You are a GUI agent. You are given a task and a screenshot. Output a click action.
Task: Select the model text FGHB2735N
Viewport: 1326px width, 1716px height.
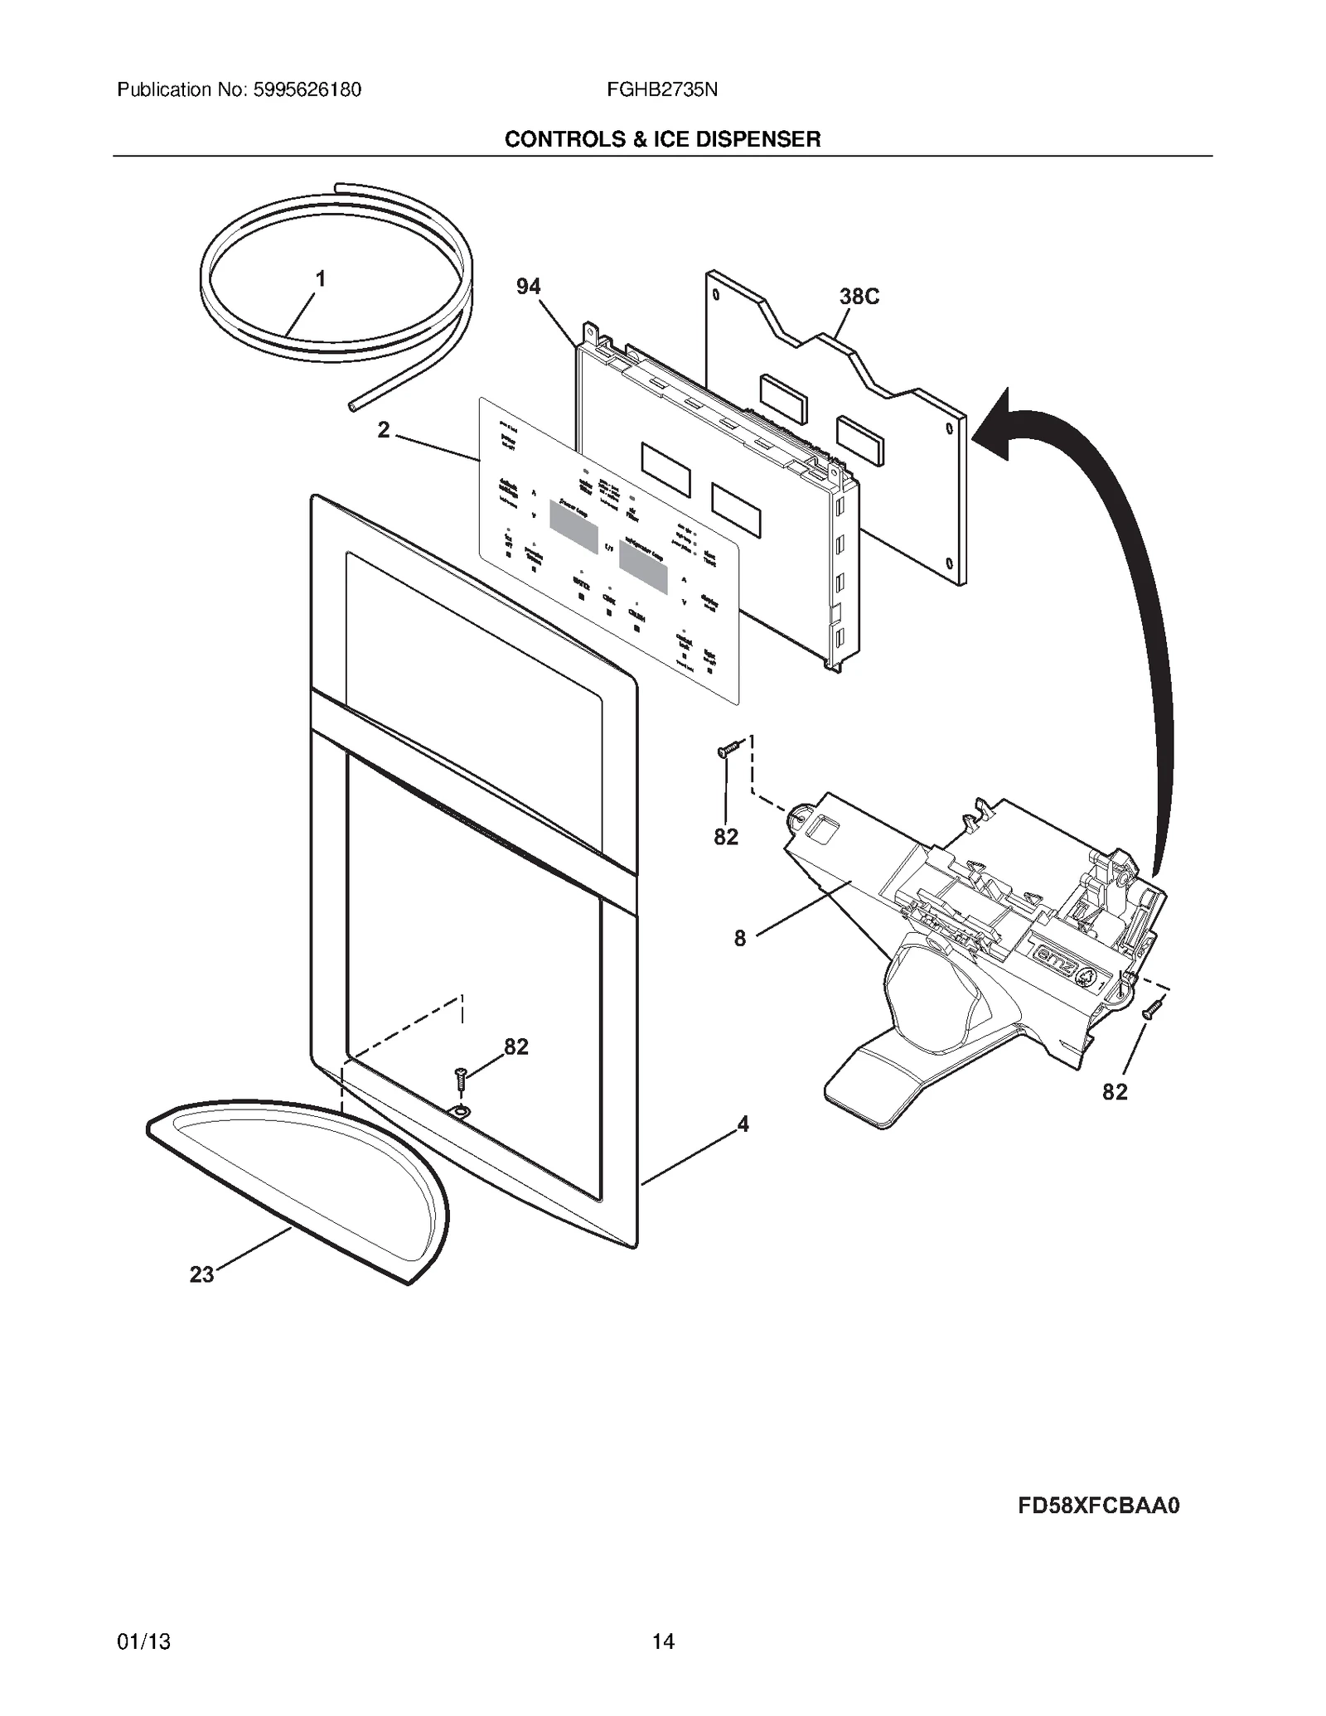(661, 89)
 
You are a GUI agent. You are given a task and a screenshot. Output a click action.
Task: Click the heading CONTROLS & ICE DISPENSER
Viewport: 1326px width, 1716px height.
(662, 139)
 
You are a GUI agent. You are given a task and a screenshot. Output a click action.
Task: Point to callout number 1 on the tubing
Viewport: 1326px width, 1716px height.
(321, 279)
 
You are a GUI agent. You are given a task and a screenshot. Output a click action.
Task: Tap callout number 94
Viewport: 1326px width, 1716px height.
(528, 287)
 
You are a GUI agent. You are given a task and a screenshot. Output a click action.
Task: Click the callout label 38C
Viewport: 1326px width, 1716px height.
(859, 297)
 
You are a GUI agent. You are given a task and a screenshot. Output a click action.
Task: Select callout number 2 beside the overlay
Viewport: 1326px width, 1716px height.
(384, 430)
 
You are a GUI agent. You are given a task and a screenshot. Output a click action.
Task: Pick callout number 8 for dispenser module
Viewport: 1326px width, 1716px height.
(739, 939)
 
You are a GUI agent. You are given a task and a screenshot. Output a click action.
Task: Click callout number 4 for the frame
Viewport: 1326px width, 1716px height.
(743, 1124)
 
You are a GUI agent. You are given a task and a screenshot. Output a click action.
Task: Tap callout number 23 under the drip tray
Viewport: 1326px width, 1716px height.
(202, 1274)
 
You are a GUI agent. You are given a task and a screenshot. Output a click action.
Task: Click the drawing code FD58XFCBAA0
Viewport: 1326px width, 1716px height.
(1098, 1529)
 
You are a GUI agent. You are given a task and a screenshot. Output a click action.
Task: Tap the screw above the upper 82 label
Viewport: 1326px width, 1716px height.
(727, 751)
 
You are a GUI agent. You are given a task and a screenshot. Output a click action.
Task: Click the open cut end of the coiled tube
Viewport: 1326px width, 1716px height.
(353, 404)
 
